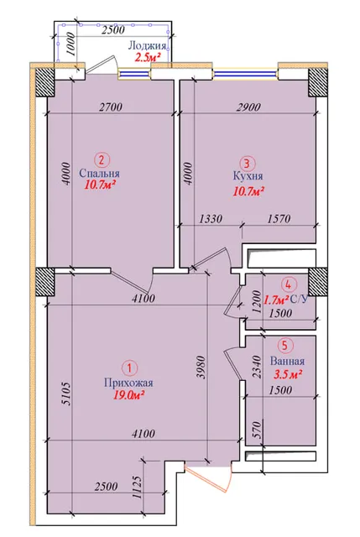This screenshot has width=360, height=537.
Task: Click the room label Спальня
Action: coord(99,174)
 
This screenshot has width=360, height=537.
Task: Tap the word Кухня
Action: coord(248,176)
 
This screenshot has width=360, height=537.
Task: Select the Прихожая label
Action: coord(128,383)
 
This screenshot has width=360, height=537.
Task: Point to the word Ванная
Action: coord(287,362)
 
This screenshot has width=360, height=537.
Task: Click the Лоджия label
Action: coord(148,45)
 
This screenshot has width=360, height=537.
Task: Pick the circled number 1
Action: coord(129,368)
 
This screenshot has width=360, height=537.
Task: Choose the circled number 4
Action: coord(288,284)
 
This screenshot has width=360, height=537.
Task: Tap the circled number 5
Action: coord(285,345)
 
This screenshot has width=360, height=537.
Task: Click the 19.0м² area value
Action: coord(128,395)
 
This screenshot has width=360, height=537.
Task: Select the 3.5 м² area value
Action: coord(287,374)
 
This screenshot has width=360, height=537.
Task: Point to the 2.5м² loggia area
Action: coord(148,57)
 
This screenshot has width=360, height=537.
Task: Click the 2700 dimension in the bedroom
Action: coord(110,107)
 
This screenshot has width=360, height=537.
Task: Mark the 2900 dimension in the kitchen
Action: coord(248,107)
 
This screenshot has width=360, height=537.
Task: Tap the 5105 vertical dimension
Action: coord(67,394)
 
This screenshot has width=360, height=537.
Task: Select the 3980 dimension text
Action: coord(201,368)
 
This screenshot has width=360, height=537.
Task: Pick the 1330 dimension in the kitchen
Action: coord(211,218)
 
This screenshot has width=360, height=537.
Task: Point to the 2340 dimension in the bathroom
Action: coord(258,367)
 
